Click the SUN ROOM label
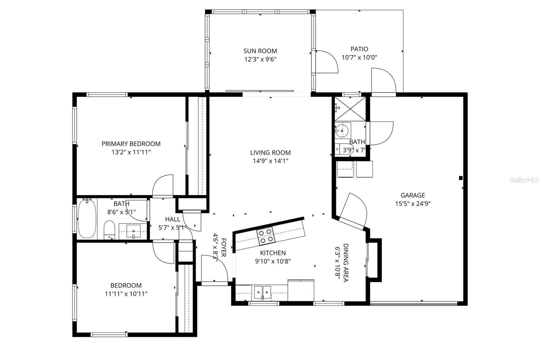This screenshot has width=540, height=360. coord(260,51)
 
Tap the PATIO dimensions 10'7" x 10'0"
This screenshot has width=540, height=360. coord(359,57)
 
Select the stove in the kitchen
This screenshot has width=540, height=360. coord(265,236)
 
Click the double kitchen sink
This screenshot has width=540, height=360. coord(263,291)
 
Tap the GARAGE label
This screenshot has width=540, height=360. coord(412,195)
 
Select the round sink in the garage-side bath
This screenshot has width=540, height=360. coord(342,130)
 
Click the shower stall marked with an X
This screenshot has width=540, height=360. coord(350,108)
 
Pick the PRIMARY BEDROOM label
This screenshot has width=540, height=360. coord(131,144)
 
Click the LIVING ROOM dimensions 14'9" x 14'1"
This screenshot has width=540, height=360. coord(270,161)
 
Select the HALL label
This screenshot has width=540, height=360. coord(172,220)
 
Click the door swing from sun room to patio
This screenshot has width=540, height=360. coord(326,61)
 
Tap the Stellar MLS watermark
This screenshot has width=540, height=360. coord(524,180)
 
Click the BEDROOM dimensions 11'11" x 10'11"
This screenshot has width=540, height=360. coord(126,294)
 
